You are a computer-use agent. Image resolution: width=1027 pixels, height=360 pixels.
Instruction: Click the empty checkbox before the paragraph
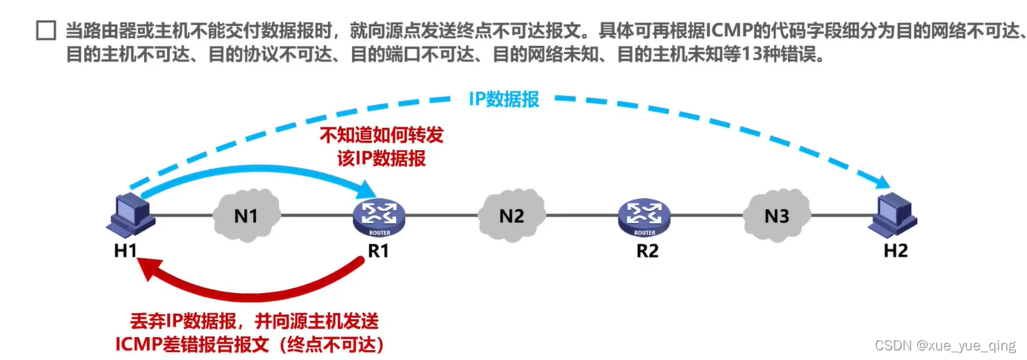(46, 30)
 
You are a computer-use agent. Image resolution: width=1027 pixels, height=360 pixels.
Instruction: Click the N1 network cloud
(247, 215)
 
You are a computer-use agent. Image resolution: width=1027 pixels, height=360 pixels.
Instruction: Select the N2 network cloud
(512, 215)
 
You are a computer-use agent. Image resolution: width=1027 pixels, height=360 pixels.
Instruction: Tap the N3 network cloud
(777, 215)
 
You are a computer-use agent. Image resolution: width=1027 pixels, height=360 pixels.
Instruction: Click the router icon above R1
(379, 218)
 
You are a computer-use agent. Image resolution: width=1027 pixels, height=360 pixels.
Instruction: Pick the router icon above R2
(644, 218)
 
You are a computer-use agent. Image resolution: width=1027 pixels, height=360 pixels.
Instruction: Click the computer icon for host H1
(131, 215)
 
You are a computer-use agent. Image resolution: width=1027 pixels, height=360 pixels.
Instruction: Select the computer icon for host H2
(893, 215)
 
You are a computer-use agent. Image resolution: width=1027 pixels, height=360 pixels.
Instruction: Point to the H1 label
(125, 251)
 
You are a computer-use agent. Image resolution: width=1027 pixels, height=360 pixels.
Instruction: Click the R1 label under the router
(379, 251)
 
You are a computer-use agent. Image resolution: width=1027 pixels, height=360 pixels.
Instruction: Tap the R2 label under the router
(648, 251)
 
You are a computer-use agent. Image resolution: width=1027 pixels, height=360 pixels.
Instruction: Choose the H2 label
(896, 251)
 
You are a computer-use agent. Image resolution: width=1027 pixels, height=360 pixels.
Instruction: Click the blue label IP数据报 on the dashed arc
(504, 99)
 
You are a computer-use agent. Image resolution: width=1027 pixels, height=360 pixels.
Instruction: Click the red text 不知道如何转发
(382, 135)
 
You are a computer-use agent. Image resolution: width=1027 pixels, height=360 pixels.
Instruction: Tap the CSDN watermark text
(945, 346)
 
